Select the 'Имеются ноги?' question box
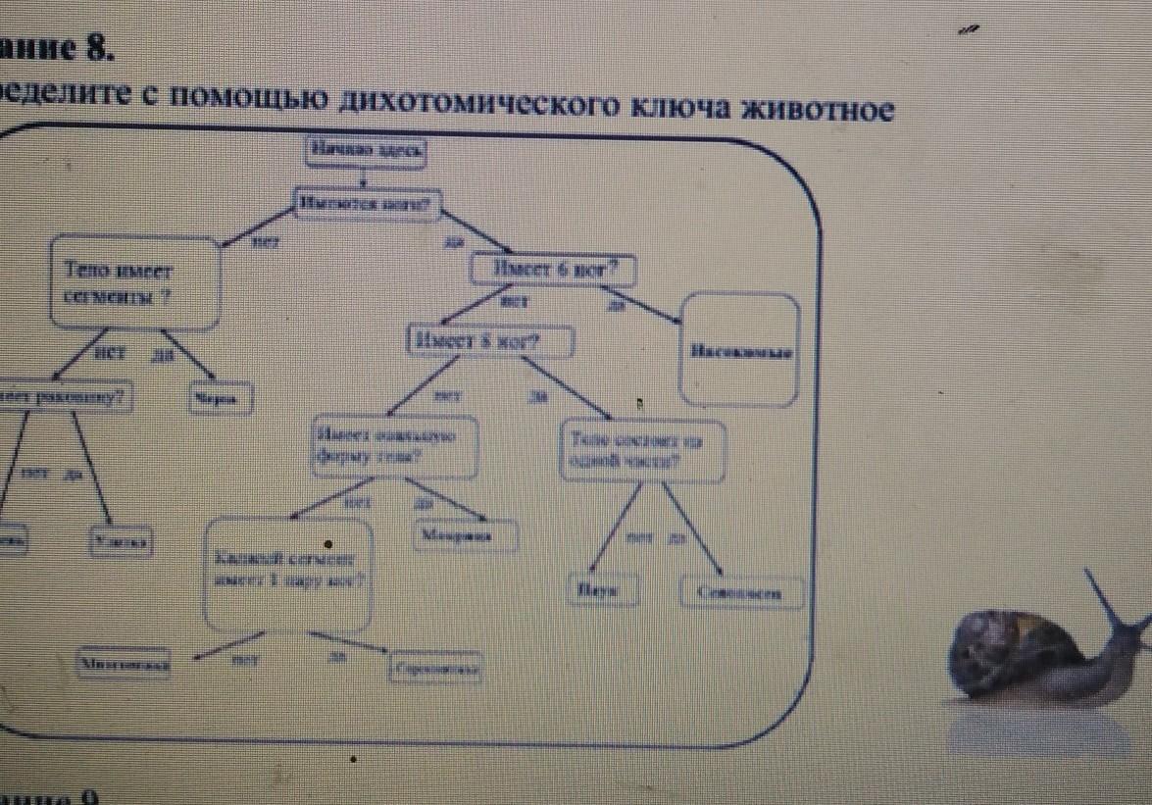368,204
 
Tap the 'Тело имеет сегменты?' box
132,282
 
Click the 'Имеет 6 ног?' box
553,269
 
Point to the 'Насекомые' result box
740,350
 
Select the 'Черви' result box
220,398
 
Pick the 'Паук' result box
601,590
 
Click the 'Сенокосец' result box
741,592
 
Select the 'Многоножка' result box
125,664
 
